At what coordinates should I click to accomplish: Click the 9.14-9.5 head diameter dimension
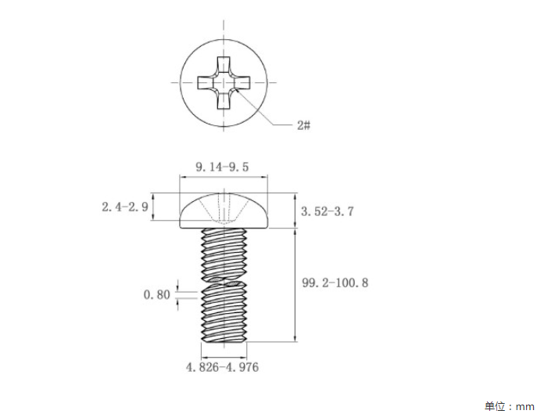222,167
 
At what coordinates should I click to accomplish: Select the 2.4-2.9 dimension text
125,207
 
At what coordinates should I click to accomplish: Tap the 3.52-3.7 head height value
327,211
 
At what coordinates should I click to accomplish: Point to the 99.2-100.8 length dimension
335,283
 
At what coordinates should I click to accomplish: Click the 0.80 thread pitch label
157,294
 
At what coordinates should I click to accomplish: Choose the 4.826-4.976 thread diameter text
222,367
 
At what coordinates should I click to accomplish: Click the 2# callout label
304,125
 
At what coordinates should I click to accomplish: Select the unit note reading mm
525,407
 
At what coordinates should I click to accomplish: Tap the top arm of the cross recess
224,65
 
